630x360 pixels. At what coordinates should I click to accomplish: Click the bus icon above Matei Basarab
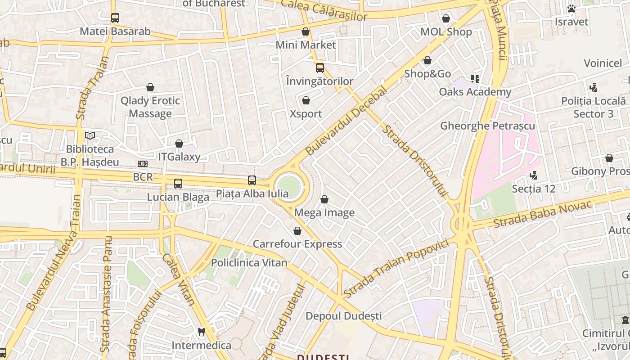115,18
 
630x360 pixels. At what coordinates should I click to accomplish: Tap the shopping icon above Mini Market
306,31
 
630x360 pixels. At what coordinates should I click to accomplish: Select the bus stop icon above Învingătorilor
319,68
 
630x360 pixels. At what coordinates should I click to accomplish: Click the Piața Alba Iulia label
252,194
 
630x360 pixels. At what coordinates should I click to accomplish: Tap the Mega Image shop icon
324,199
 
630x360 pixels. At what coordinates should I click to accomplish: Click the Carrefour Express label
297,244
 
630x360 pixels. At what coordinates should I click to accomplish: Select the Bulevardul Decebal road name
346,121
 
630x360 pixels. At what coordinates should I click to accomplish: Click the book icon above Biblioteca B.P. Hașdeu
90,135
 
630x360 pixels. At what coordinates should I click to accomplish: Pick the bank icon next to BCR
142,164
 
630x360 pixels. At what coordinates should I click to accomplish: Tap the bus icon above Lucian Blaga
178,184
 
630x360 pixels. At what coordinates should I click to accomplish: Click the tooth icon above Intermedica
201,332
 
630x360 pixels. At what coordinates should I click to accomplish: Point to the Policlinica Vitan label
249,263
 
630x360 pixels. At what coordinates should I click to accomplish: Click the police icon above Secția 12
534,175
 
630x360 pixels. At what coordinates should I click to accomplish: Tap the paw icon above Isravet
571,9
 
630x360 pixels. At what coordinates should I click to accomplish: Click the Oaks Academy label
475,92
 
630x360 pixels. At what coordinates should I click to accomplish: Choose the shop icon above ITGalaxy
179,144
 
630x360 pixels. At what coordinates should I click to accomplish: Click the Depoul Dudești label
343,316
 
